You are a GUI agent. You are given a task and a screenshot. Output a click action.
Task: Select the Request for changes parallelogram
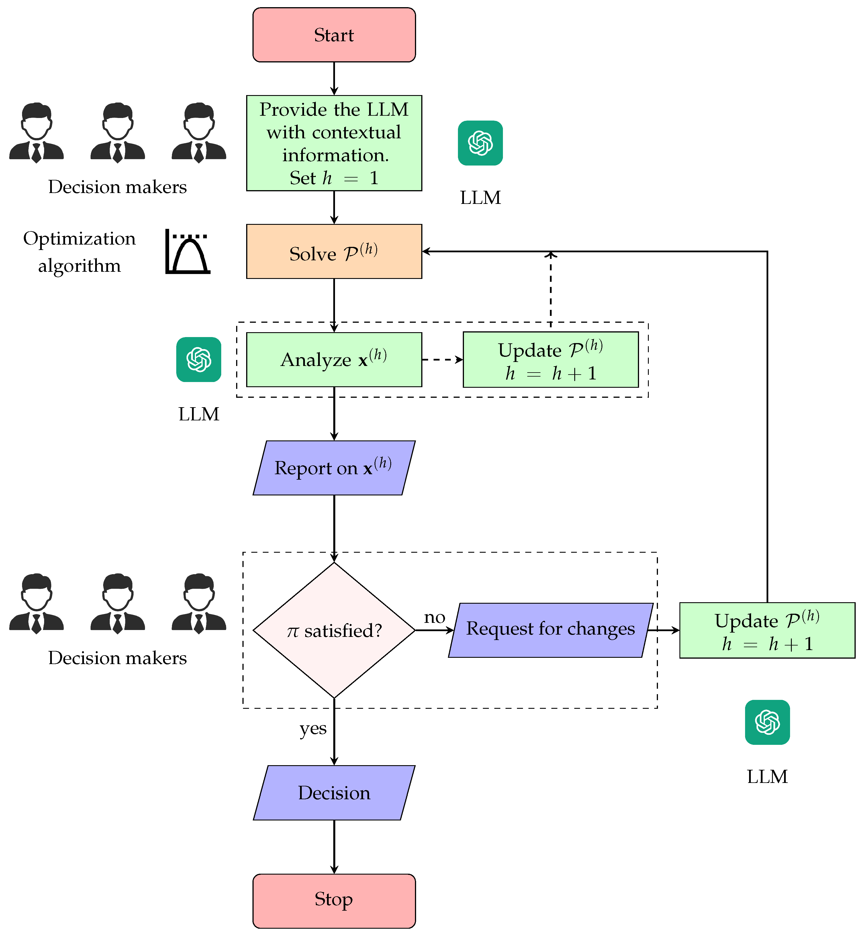[x=550, y=630]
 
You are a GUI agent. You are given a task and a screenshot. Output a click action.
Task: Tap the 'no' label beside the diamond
[x=434, y=617]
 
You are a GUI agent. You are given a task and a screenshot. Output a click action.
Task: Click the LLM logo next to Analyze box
[x=199, y=360]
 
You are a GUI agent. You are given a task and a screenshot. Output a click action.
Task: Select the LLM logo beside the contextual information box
[x=480, y=143]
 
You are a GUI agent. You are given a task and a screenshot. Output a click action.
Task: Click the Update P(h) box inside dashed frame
[x=550, y=360]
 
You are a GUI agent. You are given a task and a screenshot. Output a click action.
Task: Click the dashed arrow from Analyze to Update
[x=441, y=360]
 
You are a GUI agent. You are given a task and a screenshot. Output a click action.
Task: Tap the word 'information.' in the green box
[x=336, y=155]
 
